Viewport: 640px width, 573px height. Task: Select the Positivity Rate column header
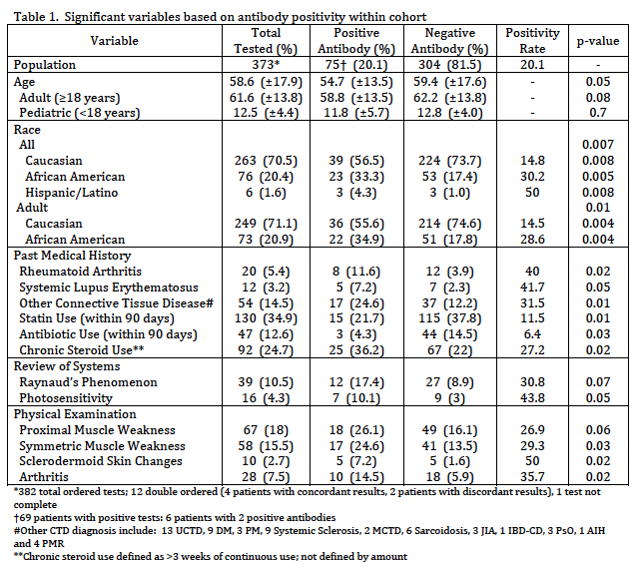coord(532,40)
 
